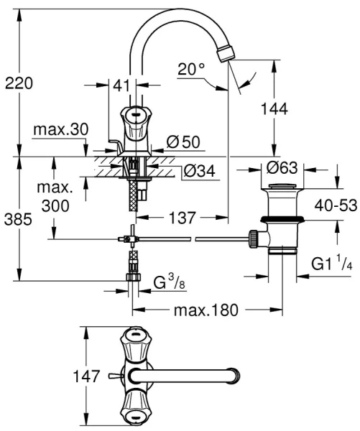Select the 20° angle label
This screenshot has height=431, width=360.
(192, 70)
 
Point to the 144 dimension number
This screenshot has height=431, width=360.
(274, 108)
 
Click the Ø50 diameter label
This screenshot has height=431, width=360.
(183, 142)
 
